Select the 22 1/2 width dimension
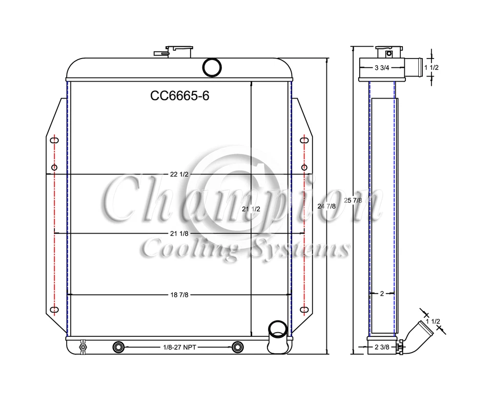[x=179, y=175]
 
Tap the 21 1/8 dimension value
[x=179, y=234]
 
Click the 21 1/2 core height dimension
[x=251, y=209]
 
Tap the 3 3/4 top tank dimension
[x=383, y=68]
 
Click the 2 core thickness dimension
[x=382, y=294]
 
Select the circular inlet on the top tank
[x=212, y=67]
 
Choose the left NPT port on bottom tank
[x=118, y=348]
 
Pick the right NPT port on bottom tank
[x=237, y=348]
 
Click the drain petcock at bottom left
[x=82, y=348]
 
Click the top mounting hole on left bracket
[x=54, y=140]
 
